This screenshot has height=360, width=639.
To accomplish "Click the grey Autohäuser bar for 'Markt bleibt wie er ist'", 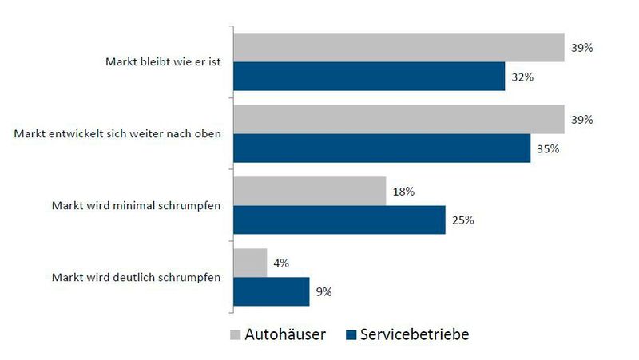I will pos(399,47).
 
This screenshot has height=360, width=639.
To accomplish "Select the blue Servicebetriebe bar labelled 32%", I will pos(369,77).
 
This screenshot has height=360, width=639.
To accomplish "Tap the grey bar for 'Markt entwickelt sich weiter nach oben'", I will pos(399,119).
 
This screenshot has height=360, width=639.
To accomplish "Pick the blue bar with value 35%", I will pos(382,148).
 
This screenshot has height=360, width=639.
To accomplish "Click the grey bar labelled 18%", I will pos(310,191).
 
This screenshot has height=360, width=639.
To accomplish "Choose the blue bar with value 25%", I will pos(339,220).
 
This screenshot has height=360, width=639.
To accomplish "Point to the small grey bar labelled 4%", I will pos(250,263).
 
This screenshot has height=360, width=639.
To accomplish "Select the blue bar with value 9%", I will pos(272,291).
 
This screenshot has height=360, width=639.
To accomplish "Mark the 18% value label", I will pos(403,192).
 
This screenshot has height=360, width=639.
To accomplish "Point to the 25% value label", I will pos(463,220).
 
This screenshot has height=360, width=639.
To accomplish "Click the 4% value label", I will pos(282,263).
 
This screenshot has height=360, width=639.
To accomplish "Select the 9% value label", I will pos(324,292).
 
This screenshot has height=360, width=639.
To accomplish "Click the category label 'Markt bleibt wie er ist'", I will pos(164,61).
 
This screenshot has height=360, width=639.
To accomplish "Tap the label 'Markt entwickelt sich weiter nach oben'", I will pos(118,133).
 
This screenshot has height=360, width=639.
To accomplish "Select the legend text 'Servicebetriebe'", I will pos(414,335).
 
